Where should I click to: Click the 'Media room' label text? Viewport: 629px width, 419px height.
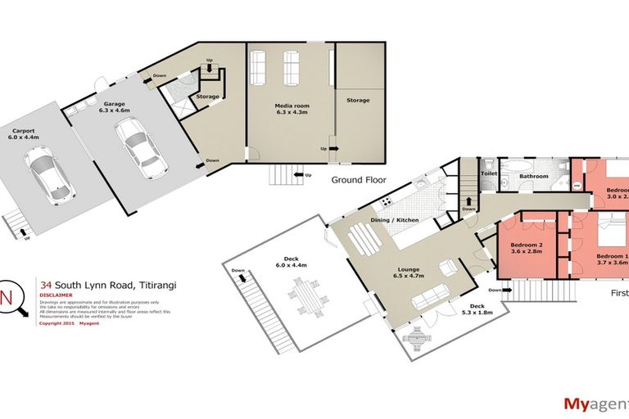pos(290,106)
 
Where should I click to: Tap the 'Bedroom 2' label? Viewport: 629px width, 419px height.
pos(526,245)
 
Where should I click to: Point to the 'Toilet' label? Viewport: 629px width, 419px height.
pos(490,174)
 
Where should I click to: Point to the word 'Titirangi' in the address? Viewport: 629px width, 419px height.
pos(154,285)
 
